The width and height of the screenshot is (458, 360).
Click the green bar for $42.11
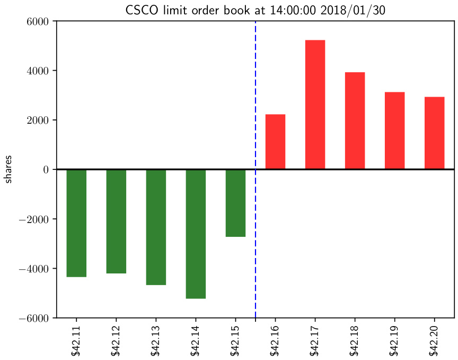(x=76, y=223)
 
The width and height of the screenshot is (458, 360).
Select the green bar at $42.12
(x=116, y=221)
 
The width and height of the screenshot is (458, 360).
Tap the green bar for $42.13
(x=156, y=227)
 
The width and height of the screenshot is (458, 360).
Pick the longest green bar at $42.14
(x=196, y=234)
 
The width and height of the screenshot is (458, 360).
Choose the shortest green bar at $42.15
(x=235, y=203)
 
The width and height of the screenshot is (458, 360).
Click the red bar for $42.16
(x=275, y=142)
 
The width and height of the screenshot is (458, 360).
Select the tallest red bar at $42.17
(x=315, y=105)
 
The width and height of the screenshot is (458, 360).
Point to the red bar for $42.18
(x=355, y=121)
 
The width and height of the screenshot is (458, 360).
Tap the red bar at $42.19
(x=394, y=131)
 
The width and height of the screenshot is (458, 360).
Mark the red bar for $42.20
(x=434, y=133)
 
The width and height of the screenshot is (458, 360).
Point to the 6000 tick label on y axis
(x=38, y=21)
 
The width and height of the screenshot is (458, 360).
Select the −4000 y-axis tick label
(x=34, y=269)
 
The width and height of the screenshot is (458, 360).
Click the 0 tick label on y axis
(x=46, y=170)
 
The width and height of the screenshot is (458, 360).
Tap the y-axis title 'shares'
(x=9, y=170)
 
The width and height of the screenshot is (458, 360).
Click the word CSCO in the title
(x=140, y=10)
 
